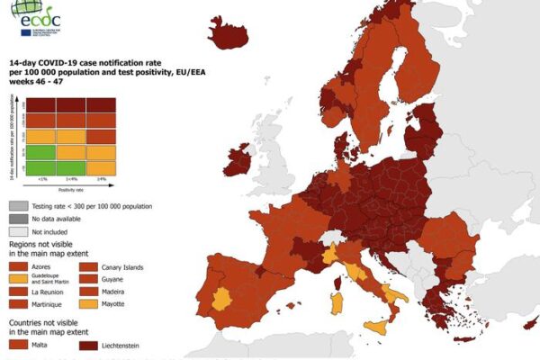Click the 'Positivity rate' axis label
click(59, 189)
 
